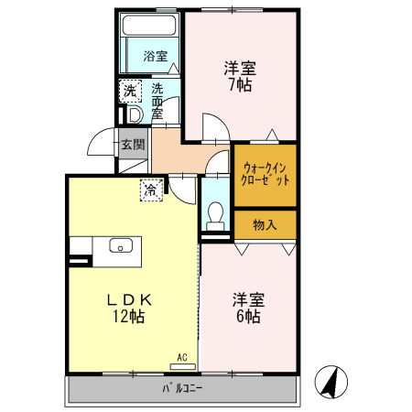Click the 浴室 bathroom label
[x=155, y=57]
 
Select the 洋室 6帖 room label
[x=245, y=308]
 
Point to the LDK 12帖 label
[x=129, y=308]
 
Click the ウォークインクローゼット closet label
[x=265, y=174]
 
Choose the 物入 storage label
[x=265, y=223]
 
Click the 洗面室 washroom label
[x=157, y=101]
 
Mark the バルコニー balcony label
[x=182, y=387]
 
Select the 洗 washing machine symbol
[x=130, y=92]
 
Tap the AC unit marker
[x=181, y=358]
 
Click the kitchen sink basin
[x=121, y=245]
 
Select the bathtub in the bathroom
[x=152, y=27]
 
